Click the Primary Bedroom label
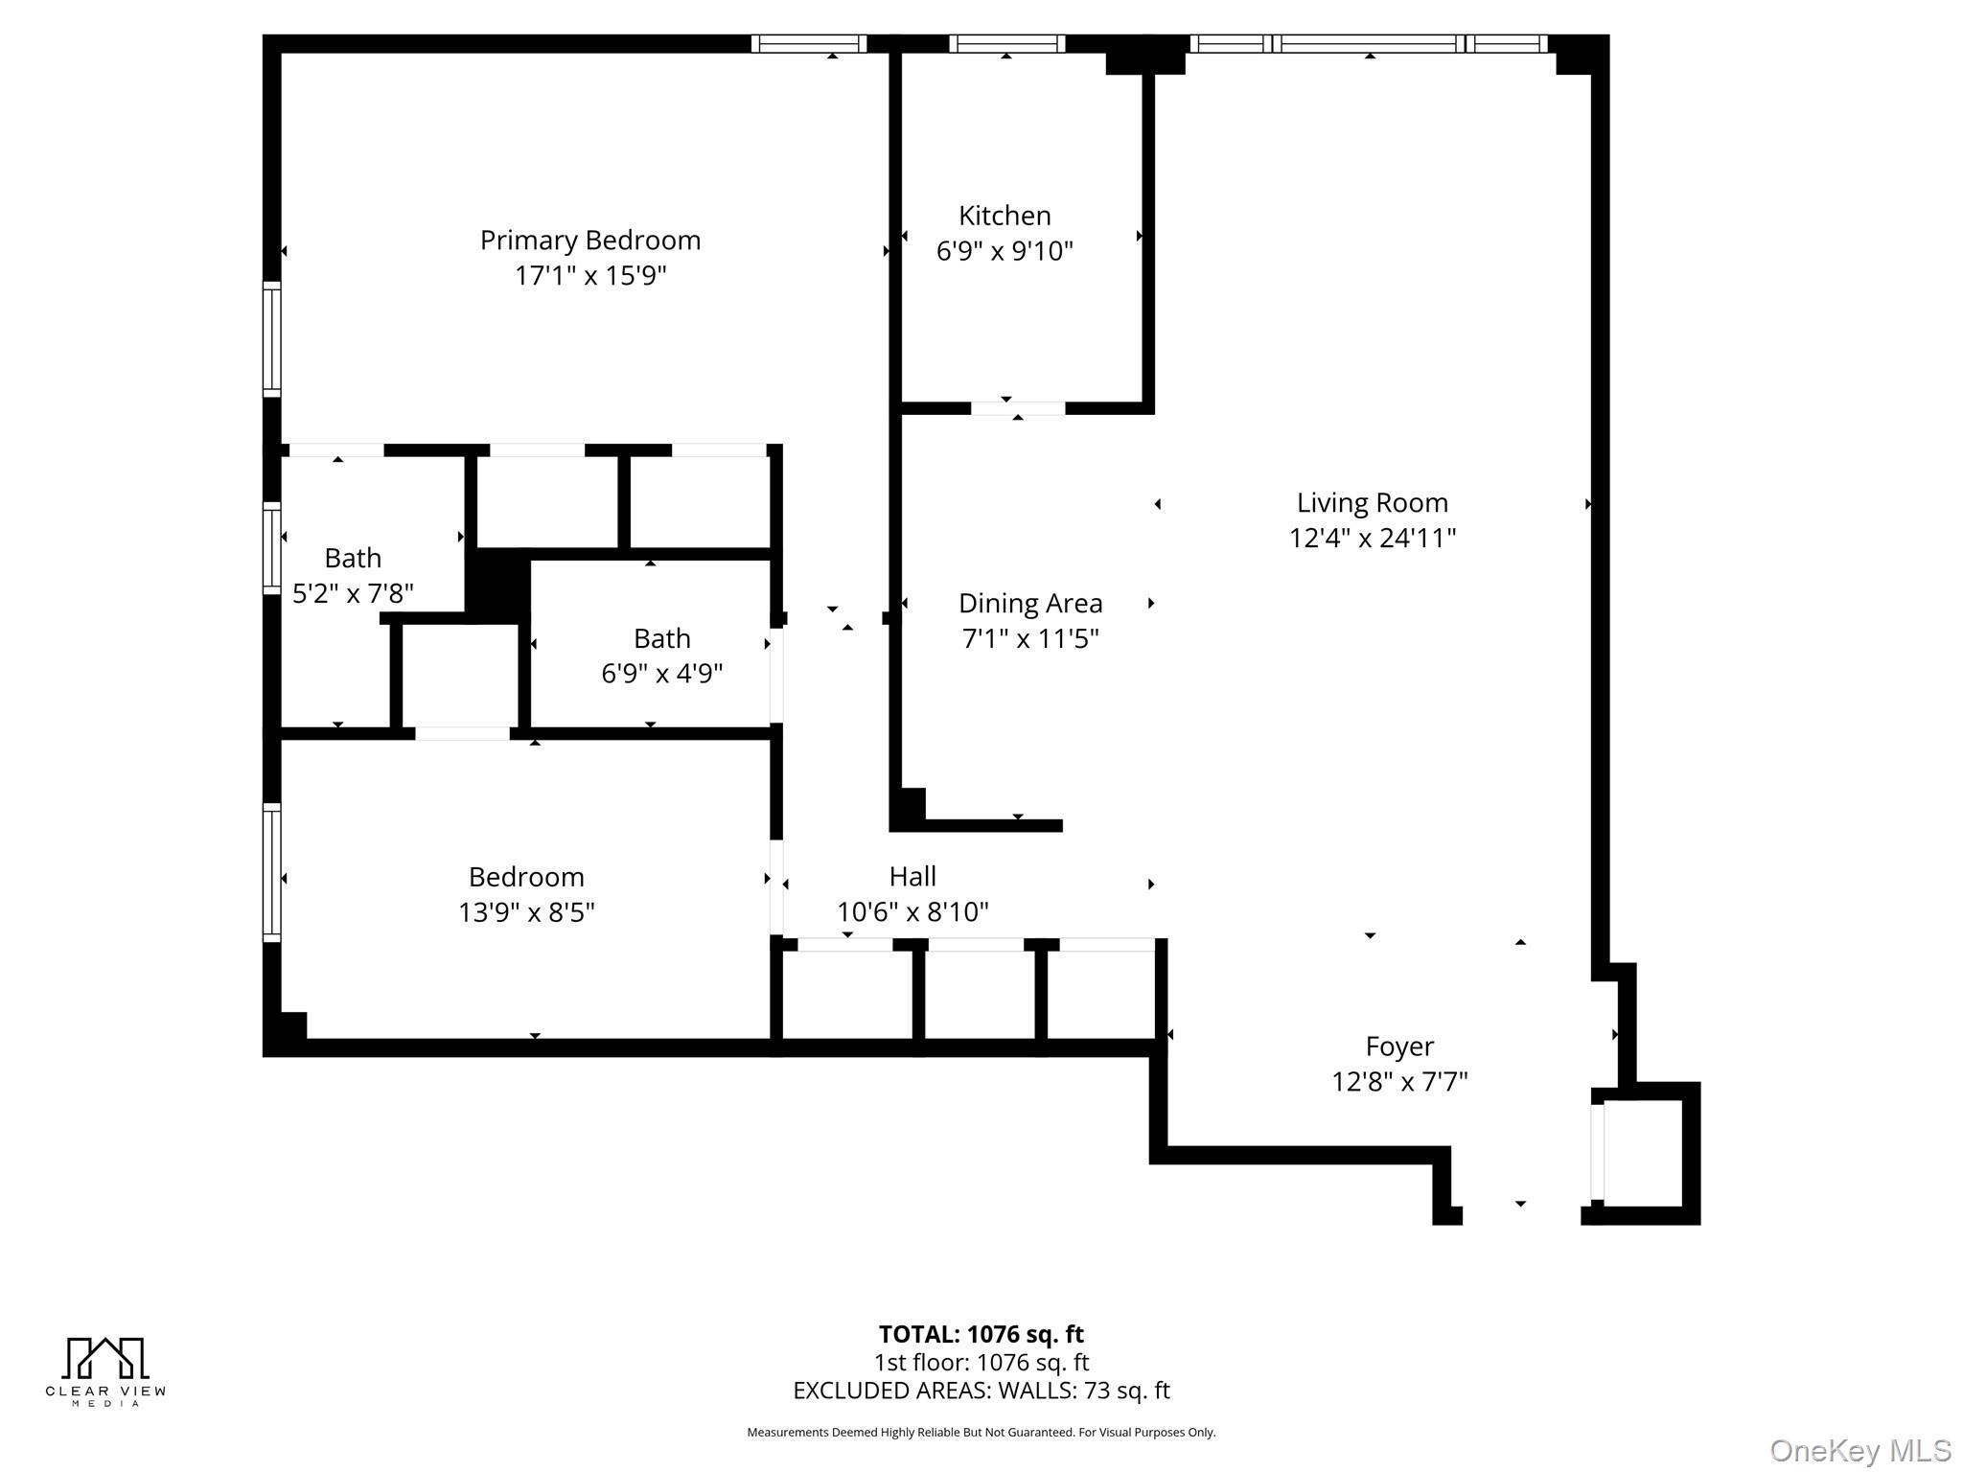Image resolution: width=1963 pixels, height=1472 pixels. coord(590,240)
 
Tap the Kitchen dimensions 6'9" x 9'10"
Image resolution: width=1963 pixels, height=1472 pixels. coord(1005,251)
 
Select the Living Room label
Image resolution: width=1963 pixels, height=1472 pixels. coord(1372,502)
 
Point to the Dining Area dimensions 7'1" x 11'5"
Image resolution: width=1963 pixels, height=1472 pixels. coord(1030,638)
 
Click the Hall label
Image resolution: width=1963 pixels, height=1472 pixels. coord(912,876)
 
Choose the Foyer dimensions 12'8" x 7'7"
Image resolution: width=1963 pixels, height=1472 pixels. coord(1399,1081)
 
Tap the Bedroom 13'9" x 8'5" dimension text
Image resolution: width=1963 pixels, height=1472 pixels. coord(526,911)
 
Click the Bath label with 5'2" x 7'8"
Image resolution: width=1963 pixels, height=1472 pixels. coord(353,558)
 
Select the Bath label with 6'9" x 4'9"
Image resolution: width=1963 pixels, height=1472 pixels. coord(661,638)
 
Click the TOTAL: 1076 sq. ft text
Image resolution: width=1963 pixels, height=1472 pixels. coord(981,1334)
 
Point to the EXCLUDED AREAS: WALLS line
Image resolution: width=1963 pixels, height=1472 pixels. coord(981,1391)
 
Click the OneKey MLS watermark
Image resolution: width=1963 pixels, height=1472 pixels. coord(1860,1450)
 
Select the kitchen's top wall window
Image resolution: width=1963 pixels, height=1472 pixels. coord(1006,44)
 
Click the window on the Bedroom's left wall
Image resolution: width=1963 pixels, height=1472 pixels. coord(272,872)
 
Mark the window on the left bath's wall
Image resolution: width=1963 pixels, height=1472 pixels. coord(272,547)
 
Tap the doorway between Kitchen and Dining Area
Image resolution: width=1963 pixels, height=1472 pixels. coord(1018,408)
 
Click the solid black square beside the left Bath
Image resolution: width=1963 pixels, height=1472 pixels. coord(497,584)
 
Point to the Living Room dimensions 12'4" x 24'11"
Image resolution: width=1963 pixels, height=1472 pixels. coord(1372,538)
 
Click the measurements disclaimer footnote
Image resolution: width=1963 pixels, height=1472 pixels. coord(981,1433)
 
